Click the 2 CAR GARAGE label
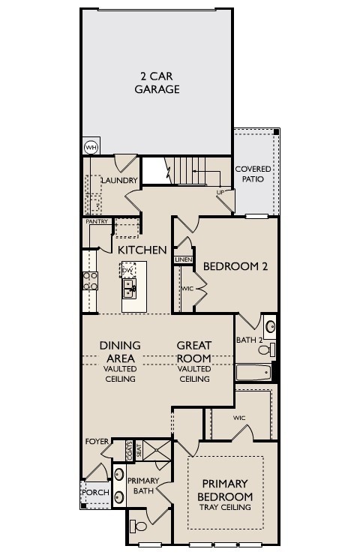157,82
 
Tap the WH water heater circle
91,147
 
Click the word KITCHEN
141,249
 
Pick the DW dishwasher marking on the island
128,270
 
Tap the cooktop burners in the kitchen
90,280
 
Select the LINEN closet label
183,259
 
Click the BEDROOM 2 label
235,266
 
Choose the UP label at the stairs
220,192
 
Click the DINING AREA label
120,352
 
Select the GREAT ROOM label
194,352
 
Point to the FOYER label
97,441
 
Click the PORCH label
94,493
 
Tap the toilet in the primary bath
139,524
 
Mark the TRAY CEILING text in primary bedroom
225,508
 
